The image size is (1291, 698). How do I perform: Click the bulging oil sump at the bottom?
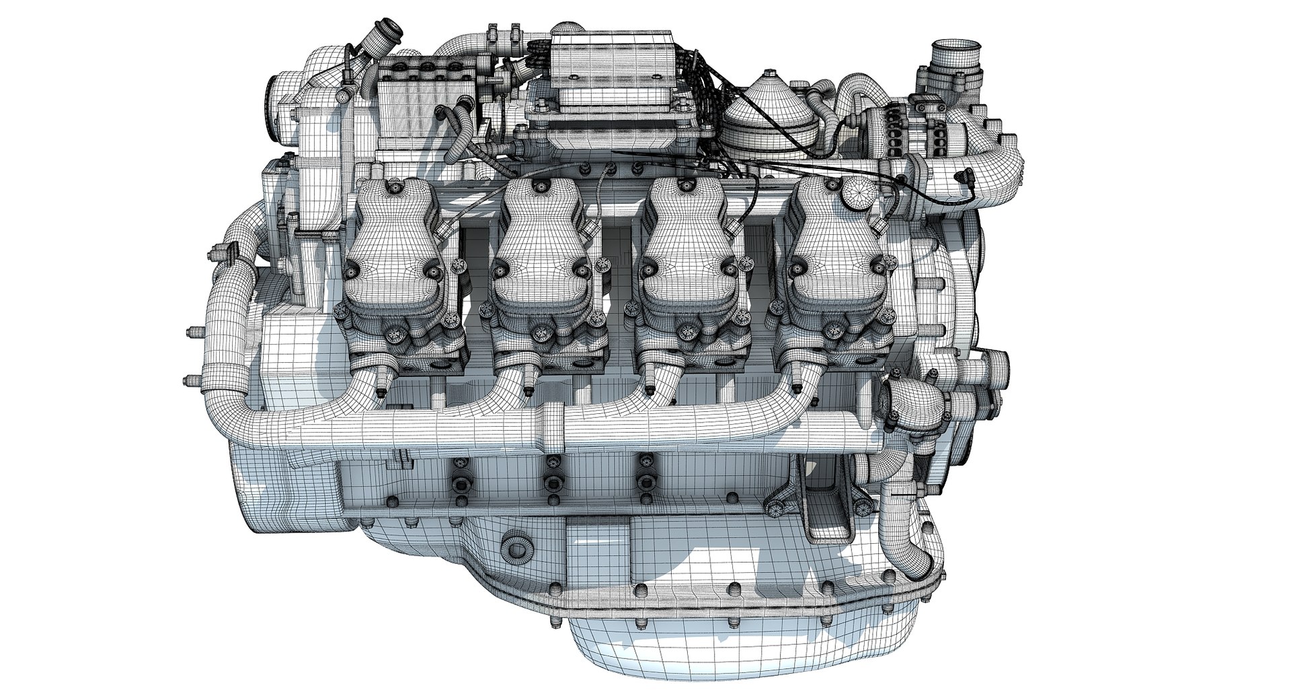[x=672, y=646]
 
